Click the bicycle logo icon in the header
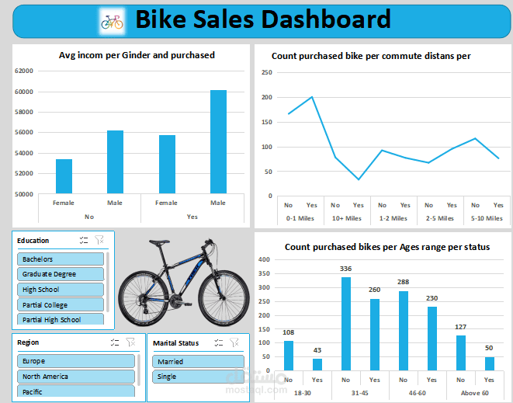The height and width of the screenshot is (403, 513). pyautogui.click(x=112, y=21)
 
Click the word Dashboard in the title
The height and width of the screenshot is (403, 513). pyautogui.click(x=324, y=19)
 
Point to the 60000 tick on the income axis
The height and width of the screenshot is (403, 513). pyautogui.click(x=24, y=92)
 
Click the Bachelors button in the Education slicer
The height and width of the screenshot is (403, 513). pyautogui.click(x=61, y=259)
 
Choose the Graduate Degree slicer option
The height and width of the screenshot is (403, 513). pyautogui.click(x=61, y=274)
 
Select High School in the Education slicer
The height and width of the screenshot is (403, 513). pyautogui.click(x=61, y=290)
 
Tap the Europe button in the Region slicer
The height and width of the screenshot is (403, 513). pyautogui.click(x=76, y=361)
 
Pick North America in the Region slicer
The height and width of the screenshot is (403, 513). pyautogui.click(x=76, y=377)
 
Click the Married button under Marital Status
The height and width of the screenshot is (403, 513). pyautogui.click(x=198, y=362)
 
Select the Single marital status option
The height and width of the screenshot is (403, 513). pyautogui.click(x=198, y=377)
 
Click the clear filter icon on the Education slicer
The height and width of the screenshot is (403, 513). pyautogui.click(x=99, y=241)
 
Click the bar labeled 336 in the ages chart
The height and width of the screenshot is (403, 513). pyautogui.click(x=346, y=324)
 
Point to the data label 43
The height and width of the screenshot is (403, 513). pyautogui.click(x=317, y=351)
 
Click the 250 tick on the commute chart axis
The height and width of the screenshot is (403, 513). pyautogui.click(x=266, y=73)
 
